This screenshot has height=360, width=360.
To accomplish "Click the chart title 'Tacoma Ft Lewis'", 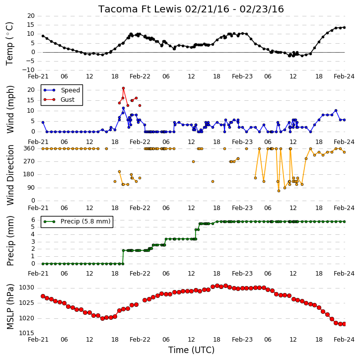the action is (141, 9).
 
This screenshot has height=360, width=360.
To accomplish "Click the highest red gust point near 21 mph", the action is (123, 88).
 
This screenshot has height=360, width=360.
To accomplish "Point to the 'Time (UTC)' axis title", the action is (191, 350).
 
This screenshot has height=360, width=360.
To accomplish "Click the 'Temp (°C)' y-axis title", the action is (9, 44).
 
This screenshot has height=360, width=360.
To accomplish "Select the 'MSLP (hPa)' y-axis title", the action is (10, 306).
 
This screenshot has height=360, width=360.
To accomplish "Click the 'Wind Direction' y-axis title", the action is (10, 175).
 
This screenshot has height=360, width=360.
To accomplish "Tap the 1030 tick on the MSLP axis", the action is (26, 288).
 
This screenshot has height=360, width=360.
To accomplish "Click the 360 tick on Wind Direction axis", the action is (29, 148).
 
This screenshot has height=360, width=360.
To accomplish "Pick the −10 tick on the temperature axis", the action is (27, 70).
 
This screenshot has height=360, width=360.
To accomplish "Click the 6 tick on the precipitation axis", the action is (33, 220).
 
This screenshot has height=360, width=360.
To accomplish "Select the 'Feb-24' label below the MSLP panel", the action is (344, 339).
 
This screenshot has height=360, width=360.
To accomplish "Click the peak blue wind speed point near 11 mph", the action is (123, 108).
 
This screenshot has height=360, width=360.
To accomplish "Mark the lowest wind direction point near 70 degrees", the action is (279, 191).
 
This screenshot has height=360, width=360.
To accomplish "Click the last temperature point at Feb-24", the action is (344, 27).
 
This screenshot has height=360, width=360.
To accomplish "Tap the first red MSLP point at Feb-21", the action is (43, 296).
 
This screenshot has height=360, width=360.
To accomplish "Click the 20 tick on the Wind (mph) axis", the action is (31, 90).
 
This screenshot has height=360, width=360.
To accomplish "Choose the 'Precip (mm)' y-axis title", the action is (10, 241).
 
